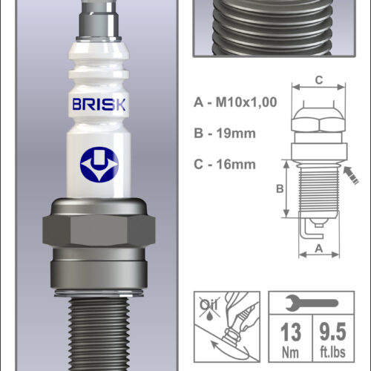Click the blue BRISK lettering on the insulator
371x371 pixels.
tap(99, 104)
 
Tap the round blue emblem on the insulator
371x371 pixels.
tap(99, 165)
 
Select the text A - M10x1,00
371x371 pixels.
tap(235, 102)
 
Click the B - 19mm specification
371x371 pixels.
tap(225, 134)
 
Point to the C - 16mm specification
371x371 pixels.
tap(225, 164)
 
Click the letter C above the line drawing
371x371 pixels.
tap(319, 80)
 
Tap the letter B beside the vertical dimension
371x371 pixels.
tap(280, 189)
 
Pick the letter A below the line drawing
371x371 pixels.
tap(319, 248)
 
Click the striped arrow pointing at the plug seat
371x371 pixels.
tap(351, 174)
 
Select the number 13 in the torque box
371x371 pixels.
tap(291, 332)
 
